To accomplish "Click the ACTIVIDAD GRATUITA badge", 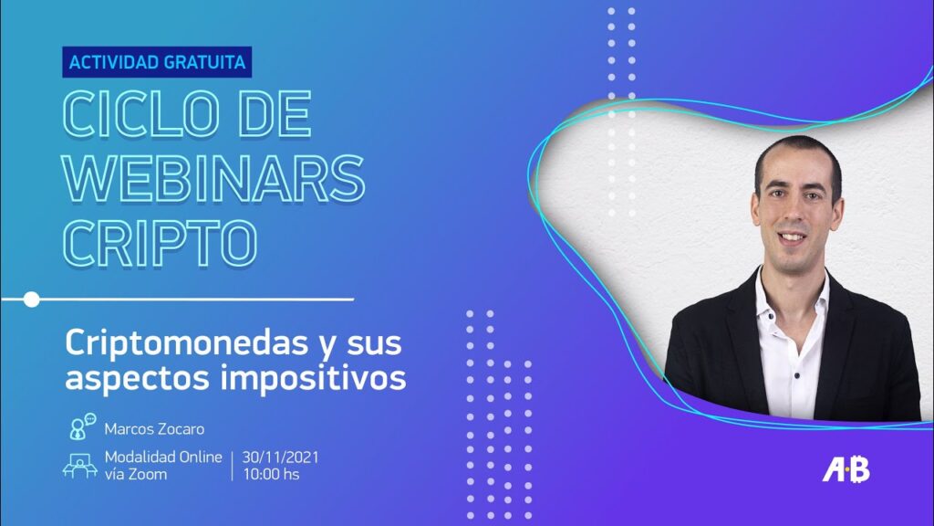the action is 157,62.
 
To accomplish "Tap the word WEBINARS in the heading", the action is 213,178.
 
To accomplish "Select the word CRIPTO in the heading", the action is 161,243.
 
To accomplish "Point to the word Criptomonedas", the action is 182,344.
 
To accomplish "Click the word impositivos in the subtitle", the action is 314,377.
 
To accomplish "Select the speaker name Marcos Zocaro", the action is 154,429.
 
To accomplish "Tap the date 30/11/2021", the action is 280,458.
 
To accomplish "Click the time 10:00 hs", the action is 271,475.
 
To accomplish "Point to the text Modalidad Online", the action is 163,458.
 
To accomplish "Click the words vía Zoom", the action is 136,475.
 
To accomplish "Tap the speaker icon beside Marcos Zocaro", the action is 82,426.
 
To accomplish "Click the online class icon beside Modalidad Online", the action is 80,466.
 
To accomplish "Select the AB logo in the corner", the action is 846,469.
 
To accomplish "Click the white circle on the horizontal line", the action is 32,300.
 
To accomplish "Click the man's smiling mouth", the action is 793,237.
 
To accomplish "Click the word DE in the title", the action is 275,114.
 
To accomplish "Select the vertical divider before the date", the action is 233,466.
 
